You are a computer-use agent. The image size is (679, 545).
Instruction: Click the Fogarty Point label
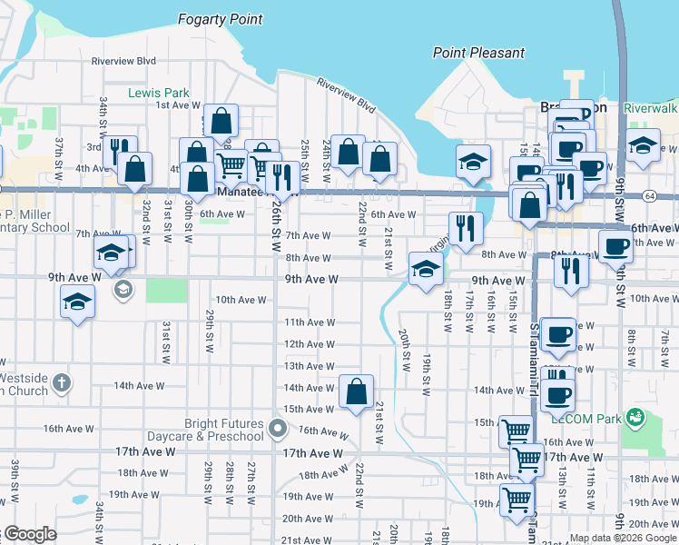click(x=221, y=19)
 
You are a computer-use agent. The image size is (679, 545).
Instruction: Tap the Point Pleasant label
click(x=478, y=53)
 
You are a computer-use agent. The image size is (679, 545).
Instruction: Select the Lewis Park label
click(x=158, y=93)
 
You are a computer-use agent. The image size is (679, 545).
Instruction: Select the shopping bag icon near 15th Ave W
click(x=356, y=392)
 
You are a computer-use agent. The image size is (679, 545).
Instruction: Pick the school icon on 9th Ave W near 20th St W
click(x=425, y=269)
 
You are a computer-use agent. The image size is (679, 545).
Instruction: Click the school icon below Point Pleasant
click(x=473, y=162)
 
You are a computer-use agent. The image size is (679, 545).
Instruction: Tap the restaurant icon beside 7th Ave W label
click(x=464, y=230)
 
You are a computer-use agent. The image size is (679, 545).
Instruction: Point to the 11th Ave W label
click(x=310, y=322)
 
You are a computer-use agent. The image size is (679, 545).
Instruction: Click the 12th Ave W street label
click(x=310, y=344)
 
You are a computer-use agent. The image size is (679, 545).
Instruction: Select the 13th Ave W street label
click(x=310, y=366)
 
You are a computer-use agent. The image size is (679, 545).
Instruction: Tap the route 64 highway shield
click(x=651, y=195)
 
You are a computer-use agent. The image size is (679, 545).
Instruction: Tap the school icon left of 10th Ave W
click(x=77, y=302)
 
